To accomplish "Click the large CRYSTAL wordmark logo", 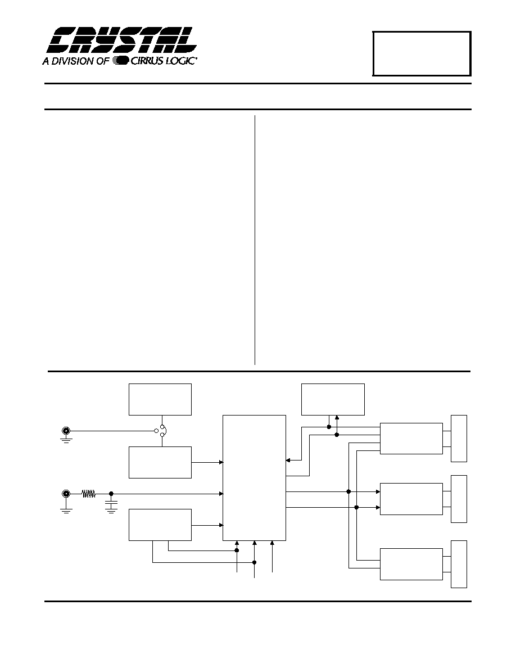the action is tap(122, 40).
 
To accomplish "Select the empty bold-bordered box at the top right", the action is tap(422, 53).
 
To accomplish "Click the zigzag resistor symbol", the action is tap(89, 494).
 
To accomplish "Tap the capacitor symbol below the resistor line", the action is tap(111, 505).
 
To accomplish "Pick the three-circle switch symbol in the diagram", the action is tap(161, 431).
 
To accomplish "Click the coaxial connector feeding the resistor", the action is tap(66, 494).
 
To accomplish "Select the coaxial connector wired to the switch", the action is tap(66, 431).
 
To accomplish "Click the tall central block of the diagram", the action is tap(254, 477).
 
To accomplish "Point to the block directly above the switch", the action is tap(160, 399).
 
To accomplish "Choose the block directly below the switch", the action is tap(160, 462).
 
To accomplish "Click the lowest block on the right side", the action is tap(411, 564).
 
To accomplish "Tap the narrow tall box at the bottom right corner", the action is tap(459, 564).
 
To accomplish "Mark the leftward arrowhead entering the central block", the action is tap(288, 460).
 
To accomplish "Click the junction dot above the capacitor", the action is tap(111, 494).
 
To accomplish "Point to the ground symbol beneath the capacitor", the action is tap(111, 512).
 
